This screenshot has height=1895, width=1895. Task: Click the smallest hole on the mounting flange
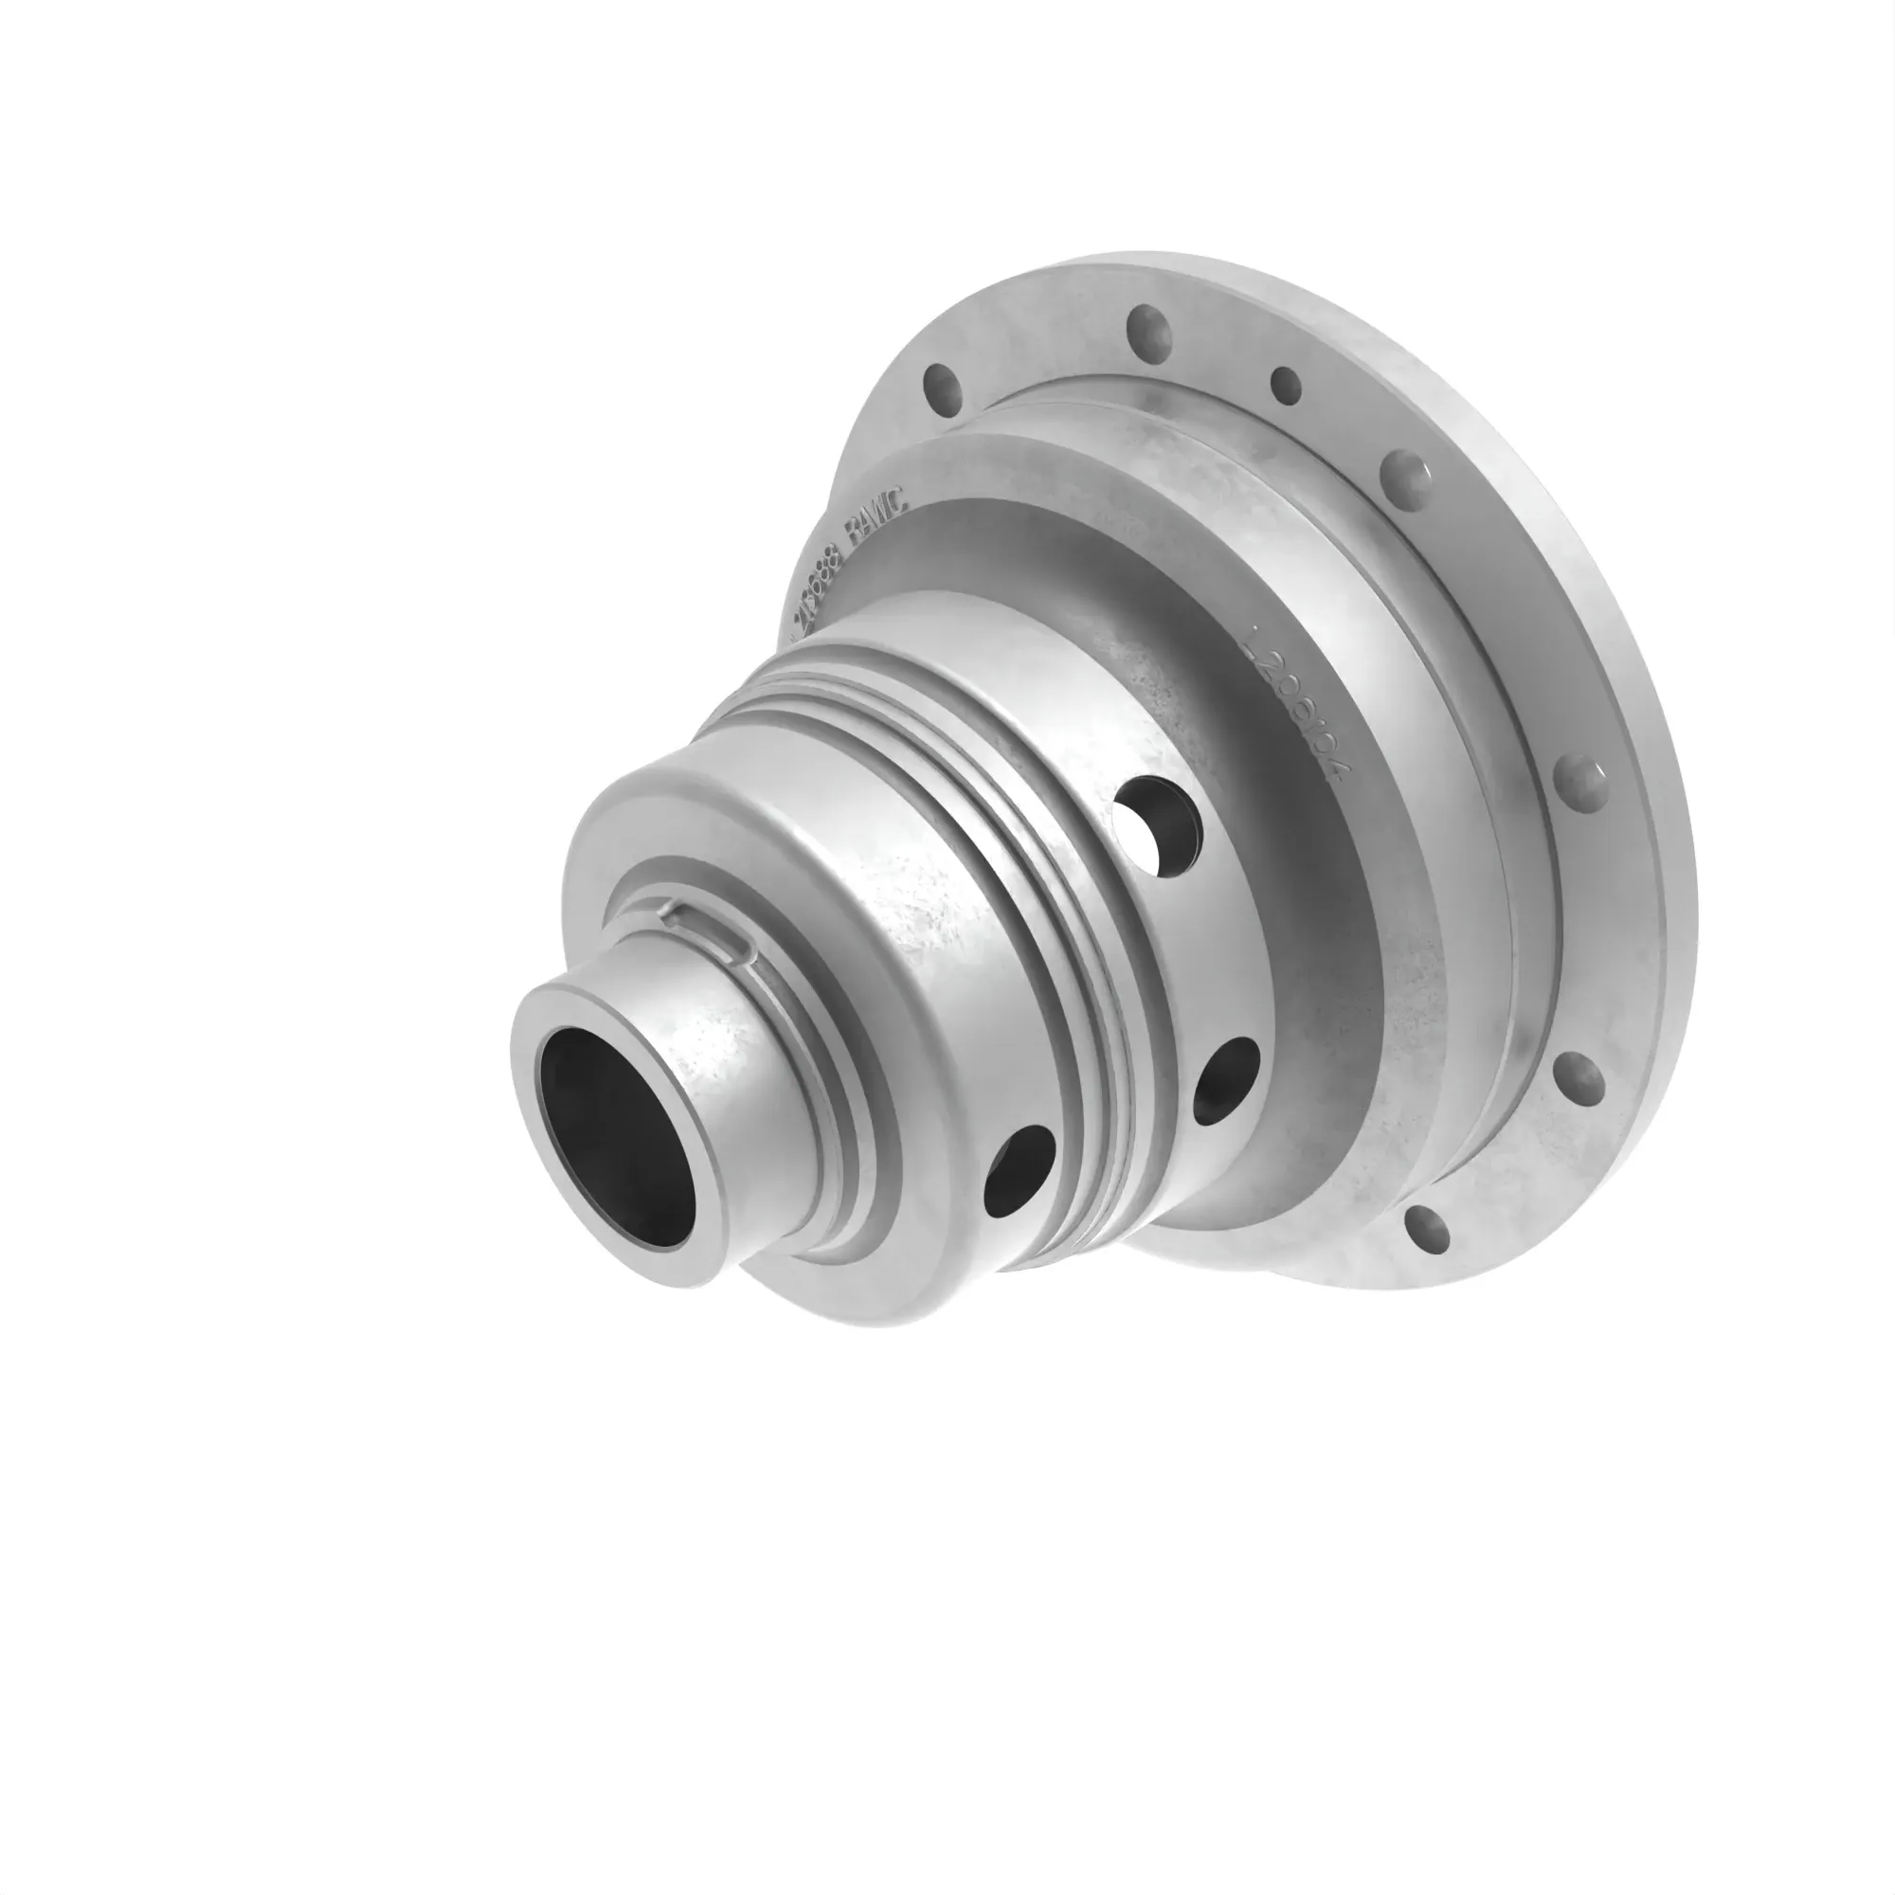tap(1286, 386)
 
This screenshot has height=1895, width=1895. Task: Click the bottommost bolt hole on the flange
tap(1427, 1231)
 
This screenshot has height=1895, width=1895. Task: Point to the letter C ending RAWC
tap(901, 503)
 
